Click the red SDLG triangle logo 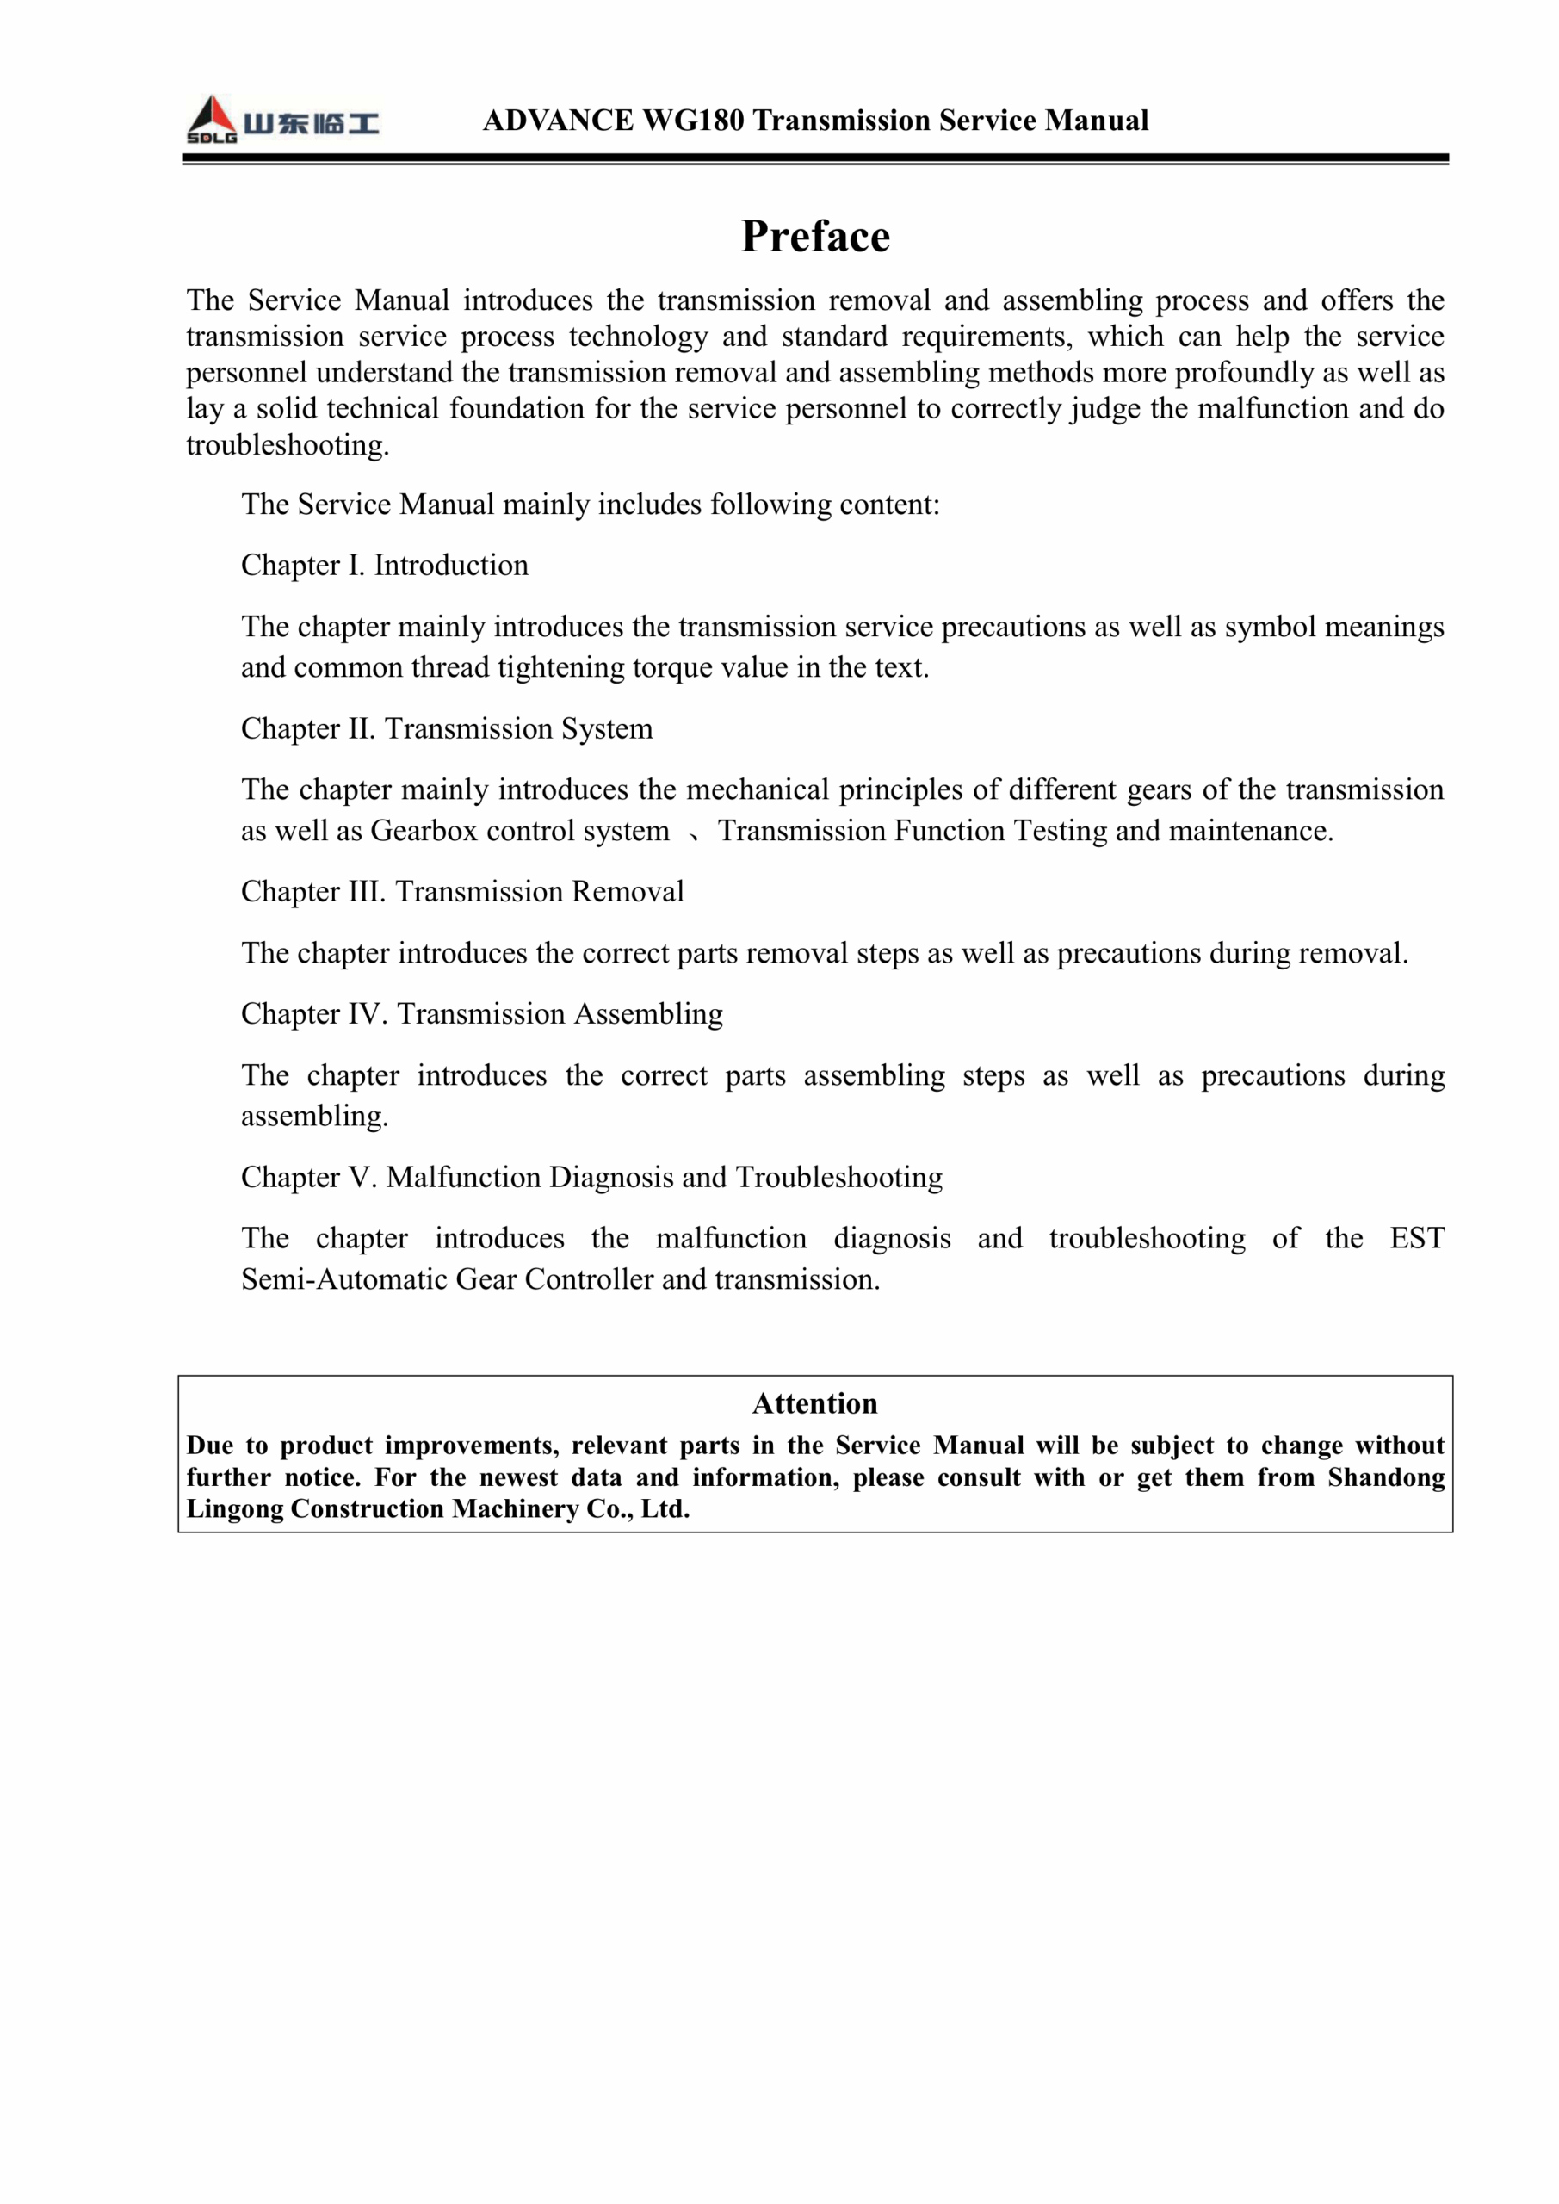tap(211, 118)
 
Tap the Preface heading tap(815, 236)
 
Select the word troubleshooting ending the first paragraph tap(286, 445)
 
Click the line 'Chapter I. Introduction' tap(384, 566)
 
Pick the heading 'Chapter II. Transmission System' tap(447, 728)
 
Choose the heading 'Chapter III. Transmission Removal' tap(461, 892)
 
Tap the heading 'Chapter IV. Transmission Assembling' tap(481, 1013)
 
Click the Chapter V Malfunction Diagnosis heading tap(591, 1177)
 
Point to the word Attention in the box tap(815, 1403)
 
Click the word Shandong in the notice tap(1385, 1477)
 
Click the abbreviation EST tap(1416, 1238)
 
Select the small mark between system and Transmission tap(694, 834)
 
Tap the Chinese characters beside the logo tap(311, 123)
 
